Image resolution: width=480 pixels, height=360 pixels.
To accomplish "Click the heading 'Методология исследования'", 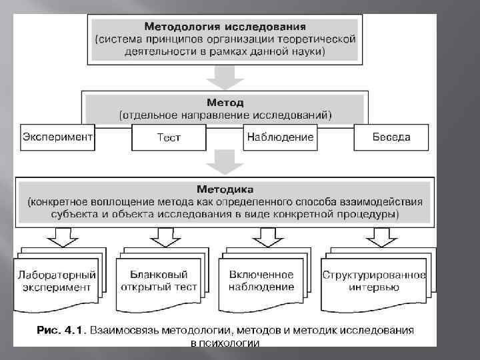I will [x=225, y=27].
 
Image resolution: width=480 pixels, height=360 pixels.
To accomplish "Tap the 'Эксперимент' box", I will [x=57, y=137].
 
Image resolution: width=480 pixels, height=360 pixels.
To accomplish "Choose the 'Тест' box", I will [x=169, y=138].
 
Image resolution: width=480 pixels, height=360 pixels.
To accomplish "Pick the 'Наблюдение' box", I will [x=280, y=137].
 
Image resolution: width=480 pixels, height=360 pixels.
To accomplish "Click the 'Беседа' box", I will [x=391, y=137].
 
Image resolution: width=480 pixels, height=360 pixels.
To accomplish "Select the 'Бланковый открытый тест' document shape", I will [x=159, y=281].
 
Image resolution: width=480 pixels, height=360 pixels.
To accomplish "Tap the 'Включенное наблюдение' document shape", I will [x=261, y=281].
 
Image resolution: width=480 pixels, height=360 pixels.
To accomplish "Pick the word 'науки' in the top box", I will [x=307, y=51].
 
